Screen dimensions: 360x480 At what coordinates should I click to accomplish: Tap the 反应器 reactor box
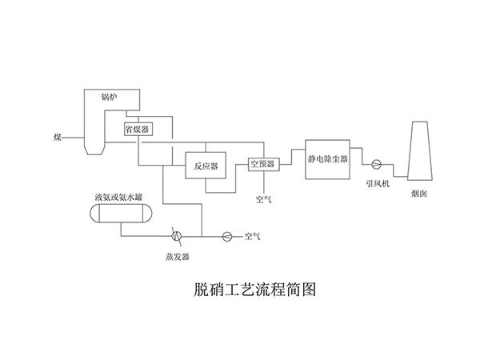(206, 167)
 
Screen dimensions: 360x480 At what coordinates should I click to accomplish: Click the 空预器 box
(262, 163)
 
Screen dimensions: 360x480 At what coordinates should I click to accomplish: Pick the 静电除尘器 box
(328, 158)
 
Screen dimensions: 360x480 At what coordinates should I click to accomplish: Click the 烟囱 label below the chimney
(419, 194)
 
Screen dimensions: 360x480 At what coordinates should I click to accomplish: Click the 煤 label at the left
(57, 138)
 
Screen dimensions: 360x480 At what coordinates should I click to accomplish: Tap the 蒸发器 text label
(177, 256)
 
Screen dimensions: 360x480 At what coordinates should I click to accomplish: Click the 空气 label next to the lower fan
(253, 236)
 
